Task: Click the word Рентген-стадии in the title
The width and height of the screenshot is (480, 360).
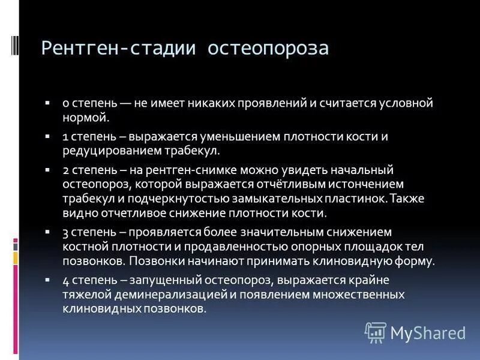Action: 121,49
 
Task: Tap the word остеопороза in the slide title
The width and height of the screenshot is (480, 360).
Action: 268,49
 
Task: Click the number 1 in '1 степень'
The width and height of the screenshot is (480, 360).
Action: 65,136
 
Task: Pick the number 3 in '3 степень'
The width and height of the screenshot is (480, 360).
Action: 65,232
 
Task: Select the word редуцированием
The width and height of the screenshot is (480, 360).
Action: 109,151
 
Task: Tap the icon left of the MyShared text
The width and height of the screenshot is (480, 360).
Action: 376,332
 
